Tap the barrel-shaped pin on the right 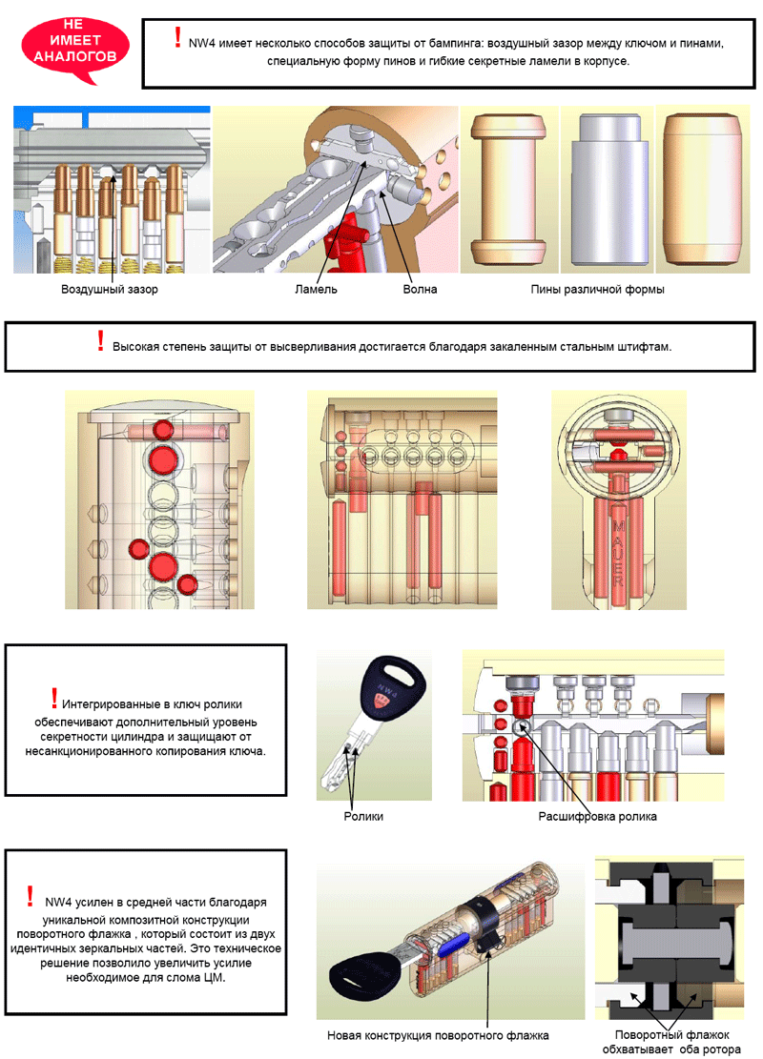pos(701,191)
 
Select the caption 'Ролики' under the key pos(362,817)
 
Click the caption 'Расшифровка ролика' pos(597,817)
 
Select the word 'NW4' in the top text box pos(201,44)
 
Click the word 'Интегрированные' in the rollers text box pos(109,704)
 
